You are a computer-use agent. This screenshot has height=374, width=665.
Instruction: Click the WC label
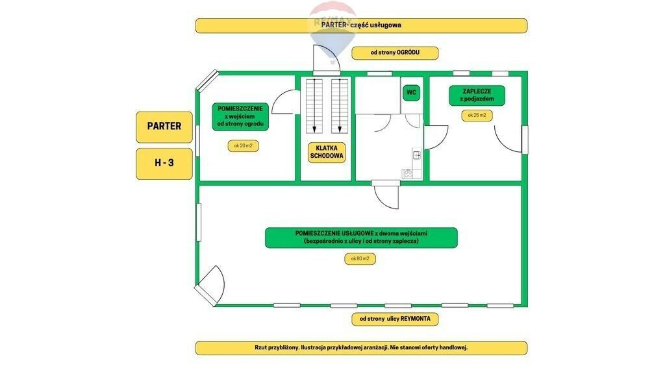click(411, 92)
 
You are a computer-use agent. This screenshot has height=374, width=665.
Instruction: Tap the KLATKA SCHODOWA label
click(327, 152)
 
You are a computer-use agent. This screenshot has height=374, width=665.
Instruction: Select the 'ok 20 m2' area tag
click(243, 146)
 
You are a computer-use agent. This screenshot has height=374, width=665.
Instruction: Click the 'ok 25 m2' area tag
click(477, 116)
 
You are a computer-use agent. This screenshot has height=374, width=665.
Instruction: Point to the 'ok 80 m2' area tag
click(360, 258)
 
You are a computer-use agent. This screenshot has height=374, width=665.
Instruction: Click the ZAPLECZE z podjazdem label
click(477, 95)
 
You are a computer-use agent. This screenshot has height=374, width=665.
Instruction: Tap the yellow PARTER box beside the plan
click(164, 127)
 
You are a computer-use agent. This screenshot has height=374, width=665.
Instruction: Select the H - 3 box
click(164, 163)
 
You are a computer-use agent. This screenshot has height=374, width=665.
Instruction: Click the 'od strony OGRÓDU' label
click(395, 53)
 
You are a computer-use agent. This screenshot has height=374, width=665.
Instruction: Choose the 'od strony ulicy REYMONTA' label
click(395, 319)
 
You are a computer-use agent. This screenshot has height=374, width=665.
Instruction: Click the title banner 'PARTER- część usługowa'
click(361, 25)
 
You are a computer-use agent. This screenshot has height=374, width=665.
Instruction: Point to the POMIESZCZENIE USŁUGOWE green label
click(361, 238)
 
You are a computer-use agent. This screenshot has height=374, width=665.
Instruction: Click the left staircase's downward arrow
click(314, 106)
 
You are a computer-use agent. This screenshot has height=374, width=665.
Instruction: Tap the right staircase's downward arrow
click(339, 106)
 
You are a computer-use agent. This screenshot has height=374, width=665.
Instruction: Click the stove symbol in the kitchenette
click(408, 173)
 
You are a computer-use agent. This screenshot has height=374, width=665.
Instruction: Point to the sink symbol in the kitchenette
click(417, 156)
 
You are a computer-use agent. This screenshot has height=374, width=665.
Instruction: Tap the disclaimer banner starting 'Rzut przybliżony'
click(361, 348)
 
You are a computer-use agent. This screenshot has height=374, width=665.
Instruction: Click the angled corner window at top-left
click(207, 81)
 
